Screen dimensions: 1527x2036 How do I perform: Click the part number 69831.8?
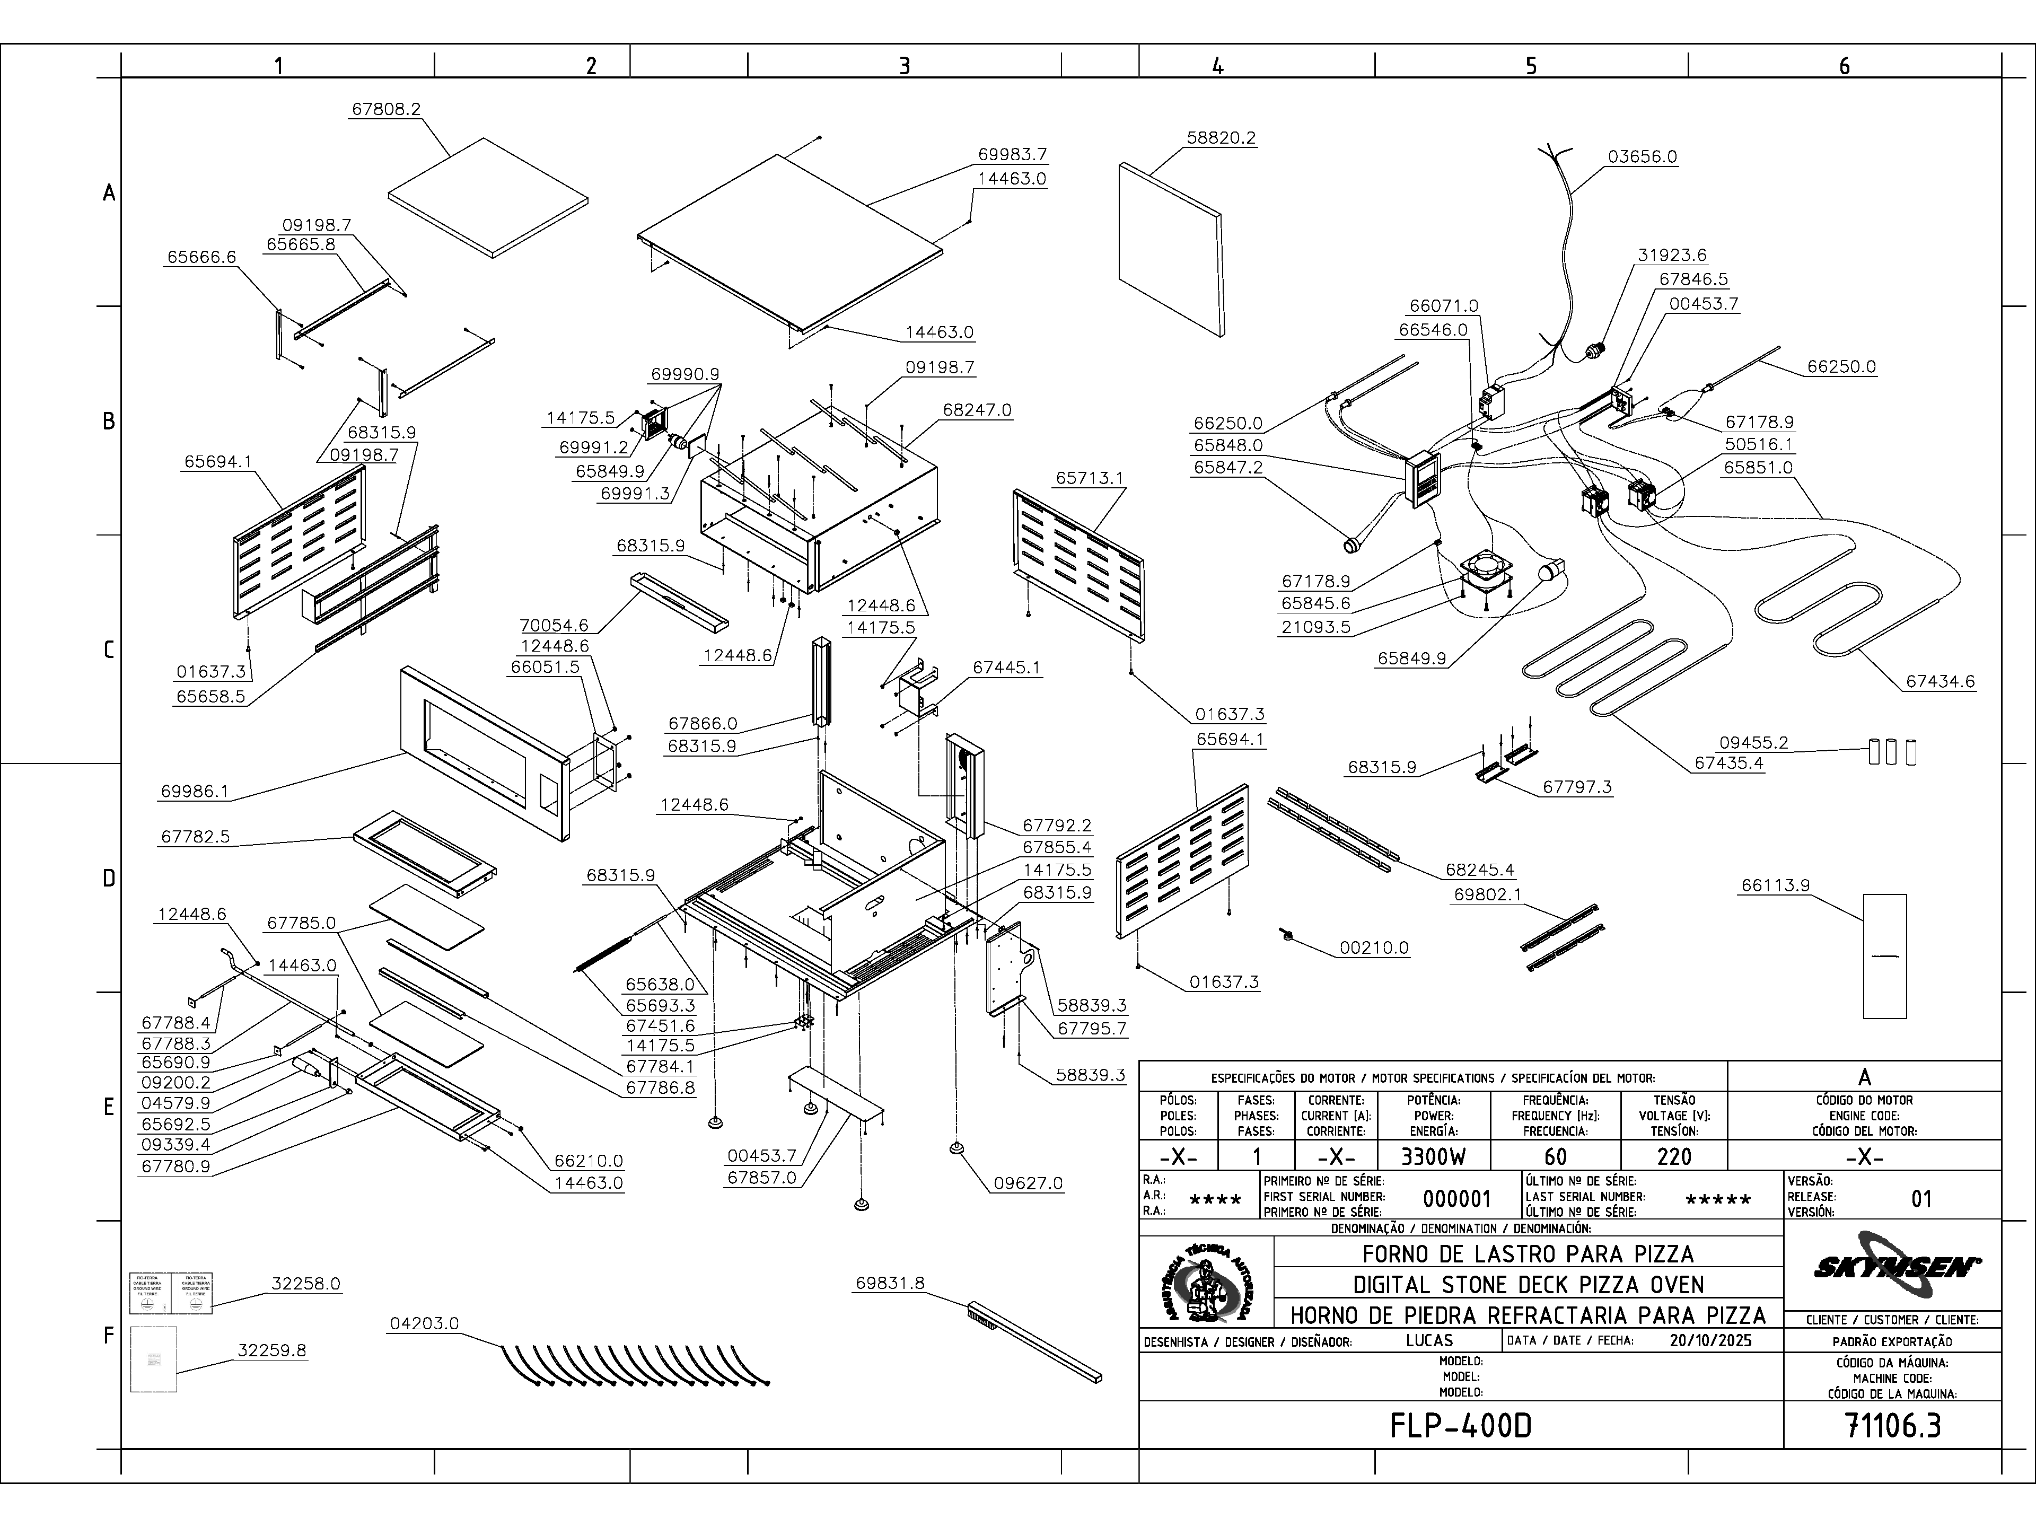click(889, 1283)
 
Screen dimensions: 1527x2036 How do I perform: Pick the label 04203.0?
click(424, 1323)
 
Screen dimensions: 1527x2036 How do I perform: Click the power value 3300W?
click(1433, 1157)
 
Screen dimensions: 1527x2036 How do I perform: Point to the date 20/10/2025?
click(1710, 1340)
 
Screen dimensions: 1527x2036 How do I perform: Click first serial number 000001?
click(1456, 1198)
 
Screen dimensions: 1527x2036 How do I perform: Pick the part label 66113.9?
click(1775, 885)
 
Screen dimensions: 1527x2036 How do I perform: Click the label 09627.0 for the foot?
click(1027, 1183)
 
